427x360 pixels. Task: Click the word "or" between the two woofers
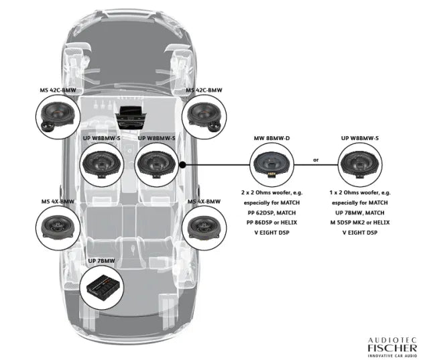click(x=316, y=161)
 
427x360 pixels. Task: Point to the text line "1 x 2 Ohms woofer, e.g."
click(x=359, y=192)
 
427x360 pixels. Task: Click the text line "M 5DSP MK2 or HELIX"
click(x=359, y=222)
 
